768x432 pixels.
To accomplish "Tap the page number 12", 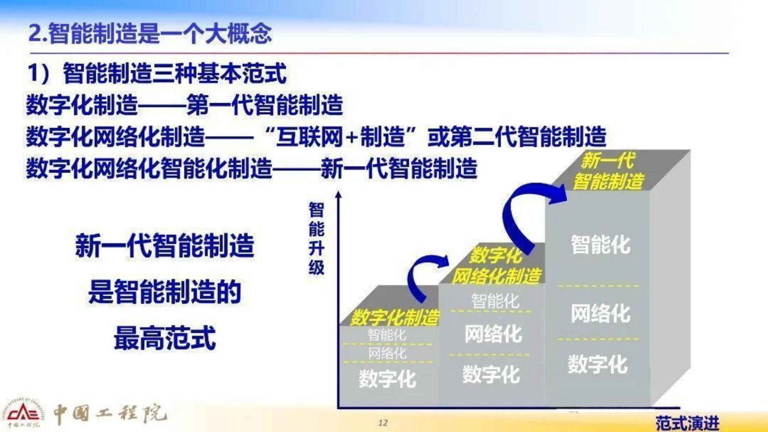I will point(383,423).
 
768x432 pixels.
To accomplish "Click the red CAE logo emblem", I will point(23,413).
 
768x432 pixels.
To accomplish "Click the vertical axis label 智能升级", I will point(316,238).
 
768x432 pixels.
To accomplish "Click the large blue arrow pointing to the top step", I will point(522,212).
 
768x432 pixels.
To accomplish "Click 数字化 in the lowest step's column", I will point(387,378).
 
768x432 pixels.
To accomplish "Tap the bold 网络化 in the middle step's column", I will point(493,334).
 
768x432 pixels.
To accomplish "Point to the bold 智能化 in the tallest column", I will point(600,244).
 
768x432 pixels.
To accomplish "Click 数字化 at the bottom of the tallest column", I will point(598,364).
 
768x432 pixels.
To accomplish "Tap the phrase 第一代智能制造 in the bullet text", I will point(265,104).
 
